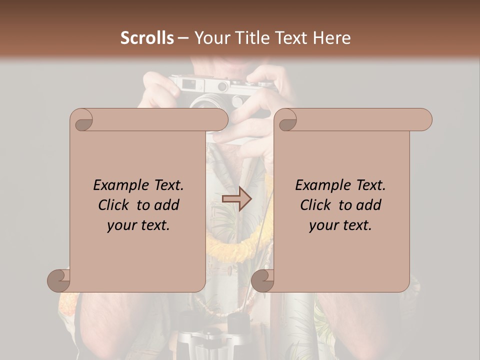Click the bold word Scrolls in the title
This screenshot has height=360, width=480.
[x=147, y=38]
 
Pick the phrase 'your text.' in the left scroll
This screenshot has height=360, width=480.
[x=138, y=225]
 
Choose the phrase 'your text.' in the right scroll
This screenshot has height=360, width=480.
[x=340, y=225]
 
